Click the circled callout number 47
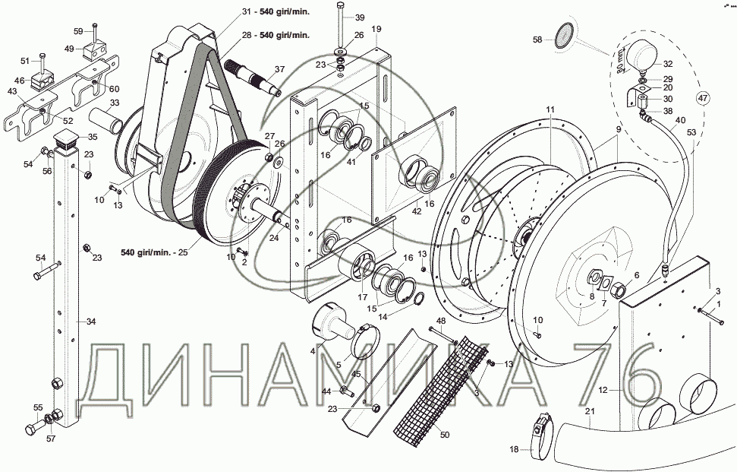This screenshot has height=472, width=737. pyautogui.click(x=703, y=97)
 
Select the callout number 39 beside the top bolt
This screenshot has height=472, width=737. pyautogui.click(x=360, y=17)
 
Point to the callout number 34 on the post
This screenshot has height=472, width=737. pyautogui.click(x=91, y=322)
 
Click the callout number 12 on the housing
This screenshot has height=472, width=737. pyautogui.click(x=603, y=391)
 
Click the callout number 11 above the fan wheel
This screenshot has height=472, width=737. pyautogui.click(x=550, y=111)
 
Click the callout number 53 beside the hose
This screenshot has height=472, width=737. pyautogui.click(x=691, y=133)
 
